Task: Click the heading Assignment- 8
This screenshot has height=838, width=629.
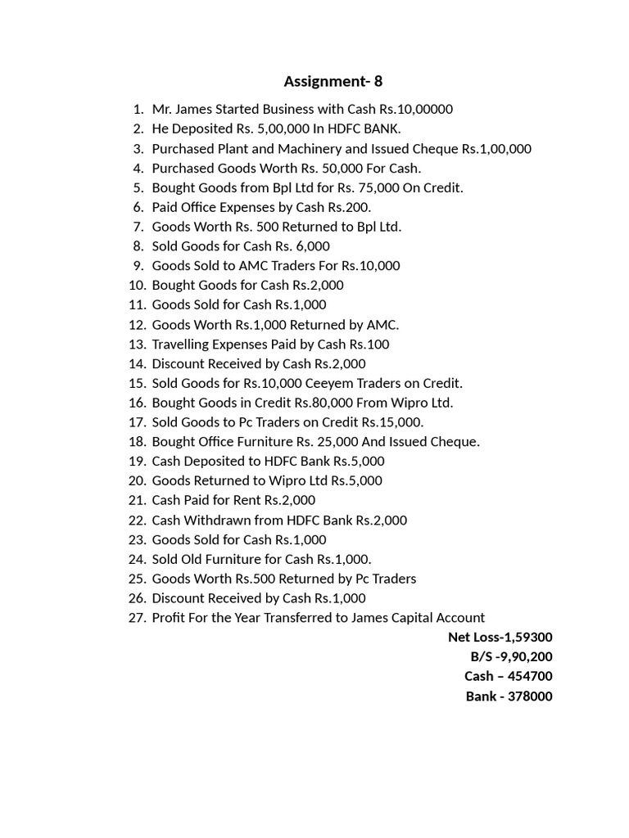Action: (333, 81)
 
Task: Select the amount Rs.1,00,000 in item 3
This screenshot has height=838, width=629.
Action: (496, 148)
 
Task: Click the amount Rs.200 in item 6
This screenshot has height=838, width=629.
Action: (350, 207)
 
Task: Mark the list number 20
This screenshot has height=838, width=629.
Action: (136, 480)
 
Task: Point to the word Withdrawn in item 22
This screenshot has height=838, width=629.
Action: (214, 520)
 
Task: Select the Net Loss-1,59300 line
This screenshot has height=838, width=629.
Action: (500, 637)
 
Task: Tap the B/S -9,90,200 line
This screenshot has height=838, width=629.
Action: (511, 656)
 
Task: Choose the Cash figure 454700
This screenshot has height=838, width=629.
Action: (531, 676)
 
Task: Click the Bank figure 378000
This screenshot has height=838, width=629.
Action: (532, 696)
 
